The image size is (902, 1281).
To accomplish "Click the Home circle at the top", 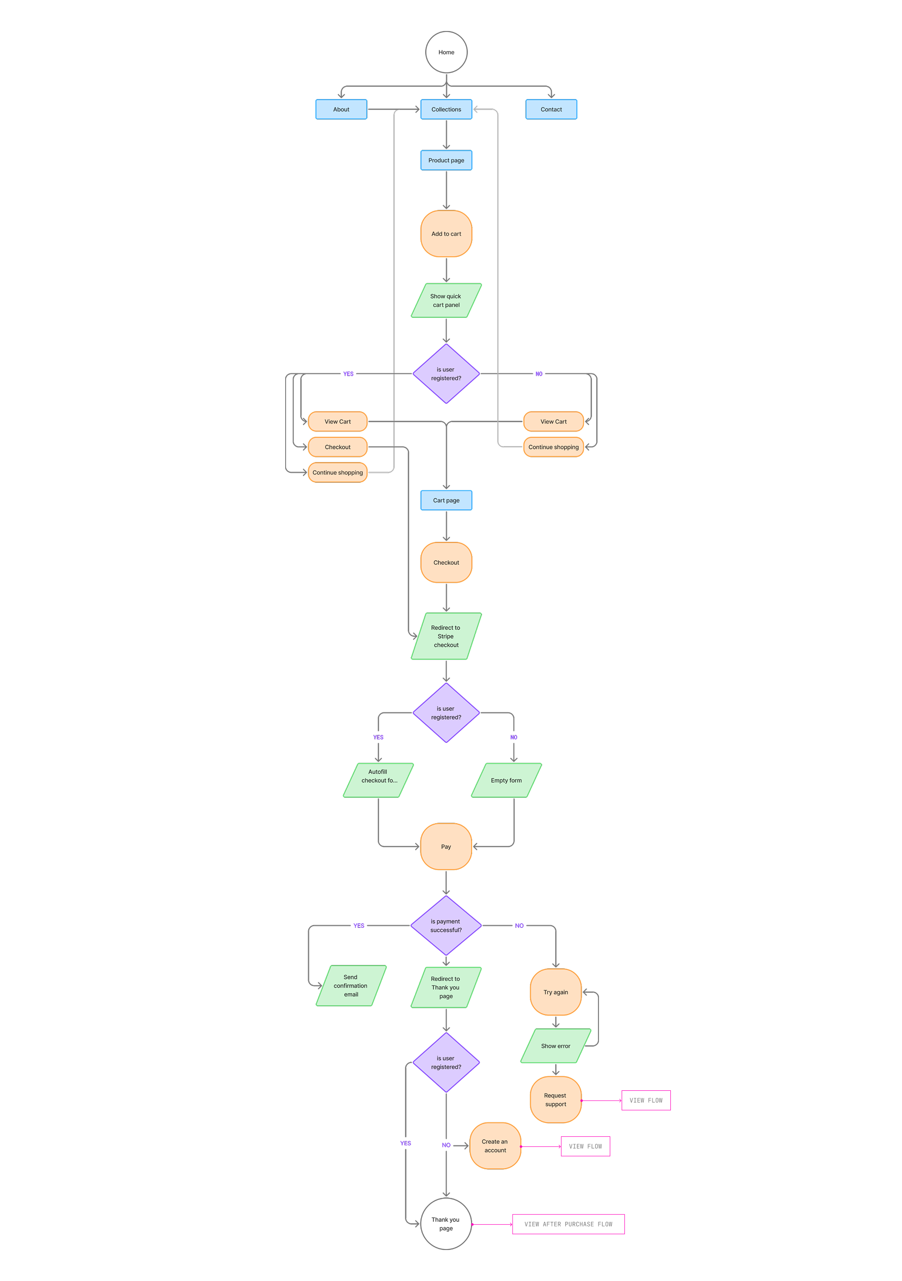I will [446, 52].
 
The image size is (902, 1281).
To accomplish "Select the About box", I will [341, 109].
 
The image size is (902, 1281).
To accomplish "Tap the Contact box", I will [551, 109].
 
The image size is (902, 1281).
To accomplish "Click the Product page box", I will [446, 160].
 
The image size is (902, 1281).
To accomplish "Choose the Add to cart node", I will [446, 234].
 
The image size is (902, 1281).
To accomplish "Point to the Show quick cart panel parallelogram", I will [446, 301].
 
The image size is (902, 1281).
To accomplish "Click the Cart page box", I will [446, 501].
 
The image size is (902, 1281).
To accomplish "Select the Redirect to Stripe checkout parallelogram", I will [446, 636].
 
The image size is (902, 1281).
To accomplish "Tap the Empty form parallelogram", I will [506, 780].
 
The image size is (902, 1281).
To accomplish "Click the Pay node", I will [446, 846].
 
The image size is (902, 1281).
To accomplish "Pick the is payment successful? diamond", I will [446, 926].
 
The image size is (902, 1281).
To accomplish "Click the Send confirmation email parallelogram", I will [351, 986].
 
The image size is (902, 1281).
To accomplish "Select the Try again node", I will [555, 992].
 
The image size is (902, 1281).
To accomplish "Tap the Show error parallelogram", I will [555, 1046].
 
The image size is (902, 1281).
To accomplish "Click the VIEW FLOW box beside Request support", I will [646, 1100].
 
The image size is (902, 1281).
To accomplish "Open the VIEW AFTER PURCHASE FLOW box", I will [568, 1224].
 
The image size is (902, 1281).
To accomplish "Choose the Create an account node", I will [495, 1146].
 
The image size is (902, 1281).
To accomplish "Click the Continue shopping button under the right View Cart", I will [553, 447].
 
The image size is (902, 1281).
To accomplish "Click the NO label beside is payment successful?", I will [519, 926].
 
